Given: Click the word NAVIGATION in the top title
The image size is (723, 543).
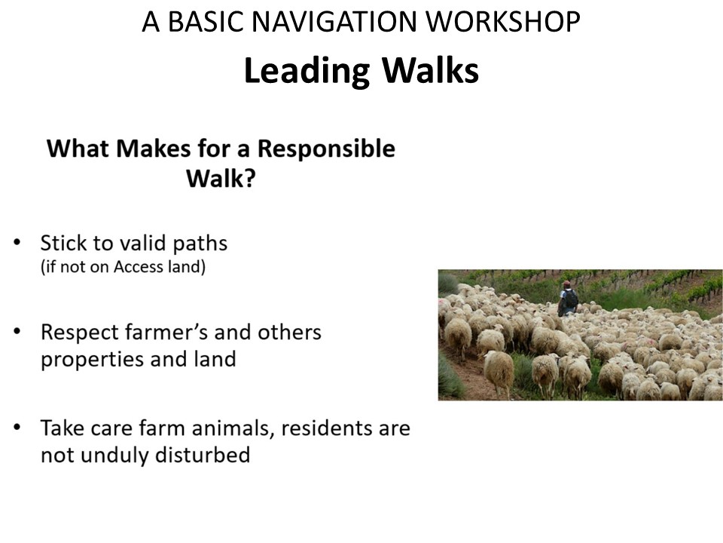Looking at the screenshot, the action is point(334,22).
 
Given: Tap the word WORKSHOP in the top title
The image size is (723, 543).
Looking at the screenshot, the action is point(503,22).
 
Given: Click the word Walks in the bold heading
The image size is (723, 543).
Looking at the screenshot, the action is point(431,71).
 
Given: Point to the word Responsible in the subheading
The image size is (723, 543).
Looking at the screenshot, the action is point(326,149).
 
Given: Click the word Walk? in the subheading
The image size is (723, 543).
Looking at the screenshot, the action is point(221,178).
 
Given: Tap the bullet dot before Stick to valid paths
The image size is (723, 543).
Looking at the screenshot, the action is point(17,242).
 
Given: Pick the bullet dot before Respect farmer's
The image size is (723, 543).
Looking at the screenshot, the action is point(17,330).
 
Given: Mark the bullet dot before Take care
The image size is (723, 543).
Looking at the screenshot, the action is point(17,427).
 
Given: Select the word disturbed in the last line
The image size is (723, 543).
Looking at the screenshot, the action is point(203,455).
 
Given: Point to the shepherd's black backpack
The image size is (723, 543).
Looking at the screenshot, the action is point(571,299).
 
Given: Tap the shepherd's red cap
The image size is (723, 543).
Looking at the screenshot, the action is point(566,283).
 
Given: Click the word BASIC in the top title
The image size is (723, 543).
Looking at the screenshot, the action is point(205,22).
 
